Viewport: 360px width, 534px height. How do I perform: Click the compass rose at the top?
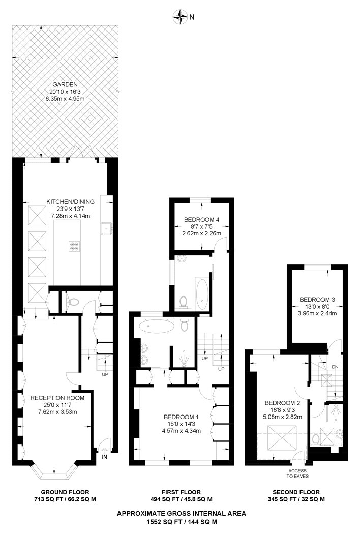point(180,17)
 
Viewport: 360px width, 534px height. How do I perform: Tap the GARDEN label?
point(66,84)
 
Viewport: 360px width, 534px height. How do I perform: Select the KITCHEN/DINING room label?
point(71,202)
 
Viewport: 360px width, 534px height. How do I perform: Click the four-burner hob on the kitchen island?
point(74,246)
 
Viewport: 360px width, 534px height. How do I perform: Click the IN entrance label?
point(105,457)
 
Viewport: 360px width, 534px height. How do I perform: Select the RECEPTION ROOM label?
point(53,398)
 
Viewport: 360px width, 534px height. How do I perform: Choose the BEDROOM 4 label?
point(201,220)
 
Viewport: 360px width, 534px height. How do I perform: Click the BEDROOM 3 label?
point(317,299)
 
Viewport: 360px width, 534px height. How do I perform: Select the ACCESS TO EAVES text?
point(297,472)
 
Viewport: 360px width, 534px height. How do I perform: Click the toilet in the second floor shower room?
point(316,438)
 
